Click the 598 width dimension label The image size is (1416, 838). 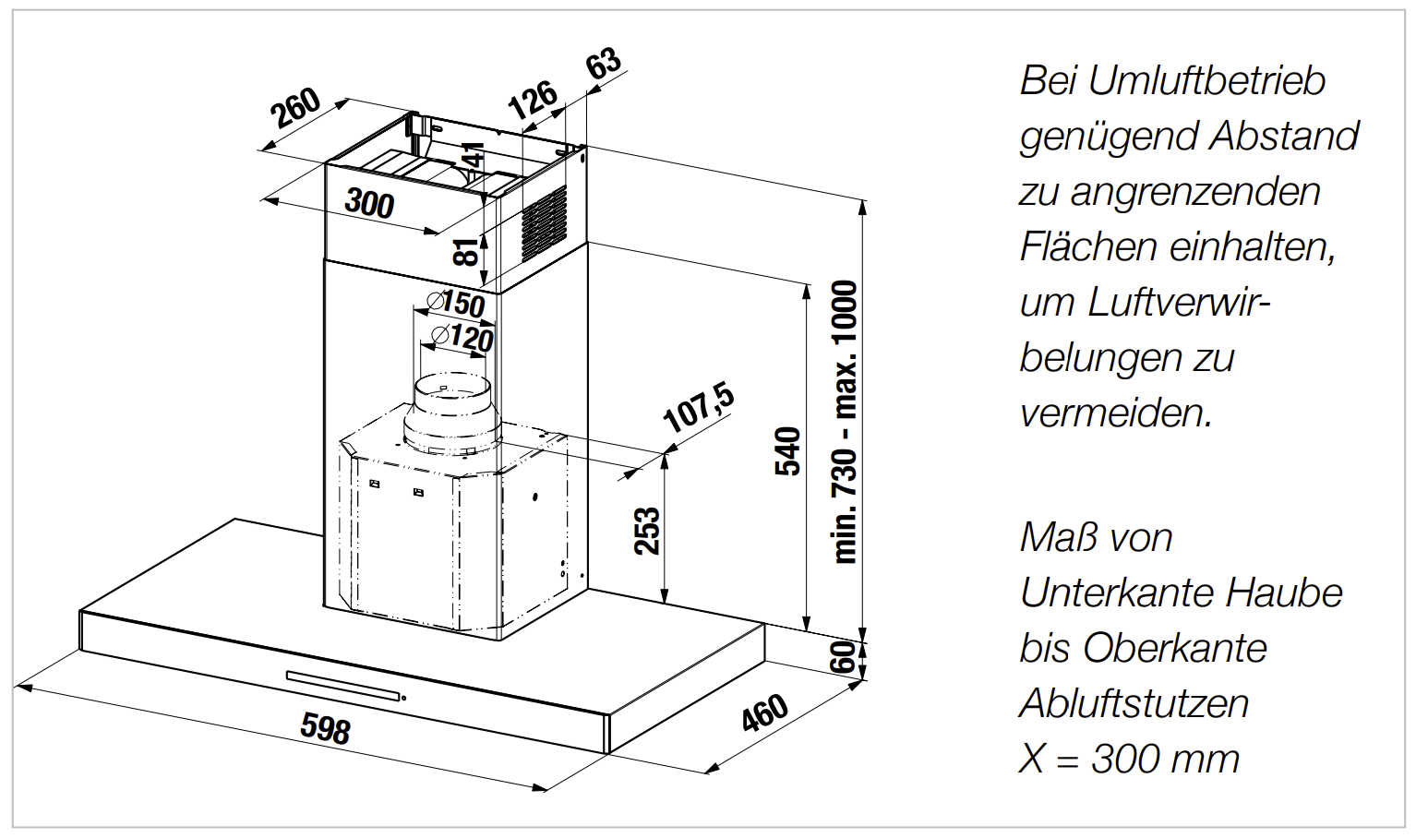325,727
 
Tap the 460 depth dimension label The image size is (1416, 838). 765,713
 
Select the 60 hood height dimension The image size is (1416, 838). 843,657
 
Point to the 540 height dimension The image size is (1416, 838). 788,451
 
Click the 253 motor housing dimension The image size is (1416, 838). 647,532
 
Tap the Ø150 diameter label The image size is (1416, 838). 455,304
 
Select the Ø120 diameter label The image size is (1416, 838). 462,338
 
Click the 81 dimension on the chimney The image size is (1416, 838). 467,252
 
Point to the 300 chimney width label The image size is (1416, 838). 370,203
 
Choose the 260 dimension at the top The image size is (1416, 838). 295,109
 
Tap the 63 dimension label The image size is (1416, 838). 604,64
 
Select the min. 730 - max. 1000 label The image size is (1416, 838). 846,422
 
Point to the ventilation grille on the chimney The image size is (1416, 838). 544,225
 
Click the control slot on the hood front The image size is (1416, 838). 344,686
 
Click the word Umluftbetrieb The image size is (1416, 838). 1206,82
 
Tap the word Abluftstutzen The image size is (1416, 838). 1134,703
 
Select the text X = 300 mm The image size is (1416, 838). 1129,759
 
